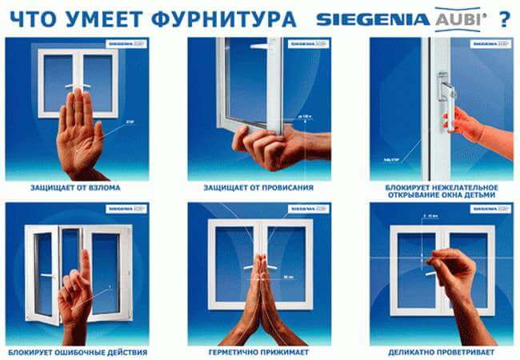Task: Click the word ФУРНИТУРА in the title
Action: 226,18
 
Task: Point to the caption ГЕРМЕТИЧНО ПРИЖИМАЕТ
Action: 259,351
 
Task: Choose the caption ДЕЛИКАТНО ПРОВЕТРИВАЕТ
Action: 441,351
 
